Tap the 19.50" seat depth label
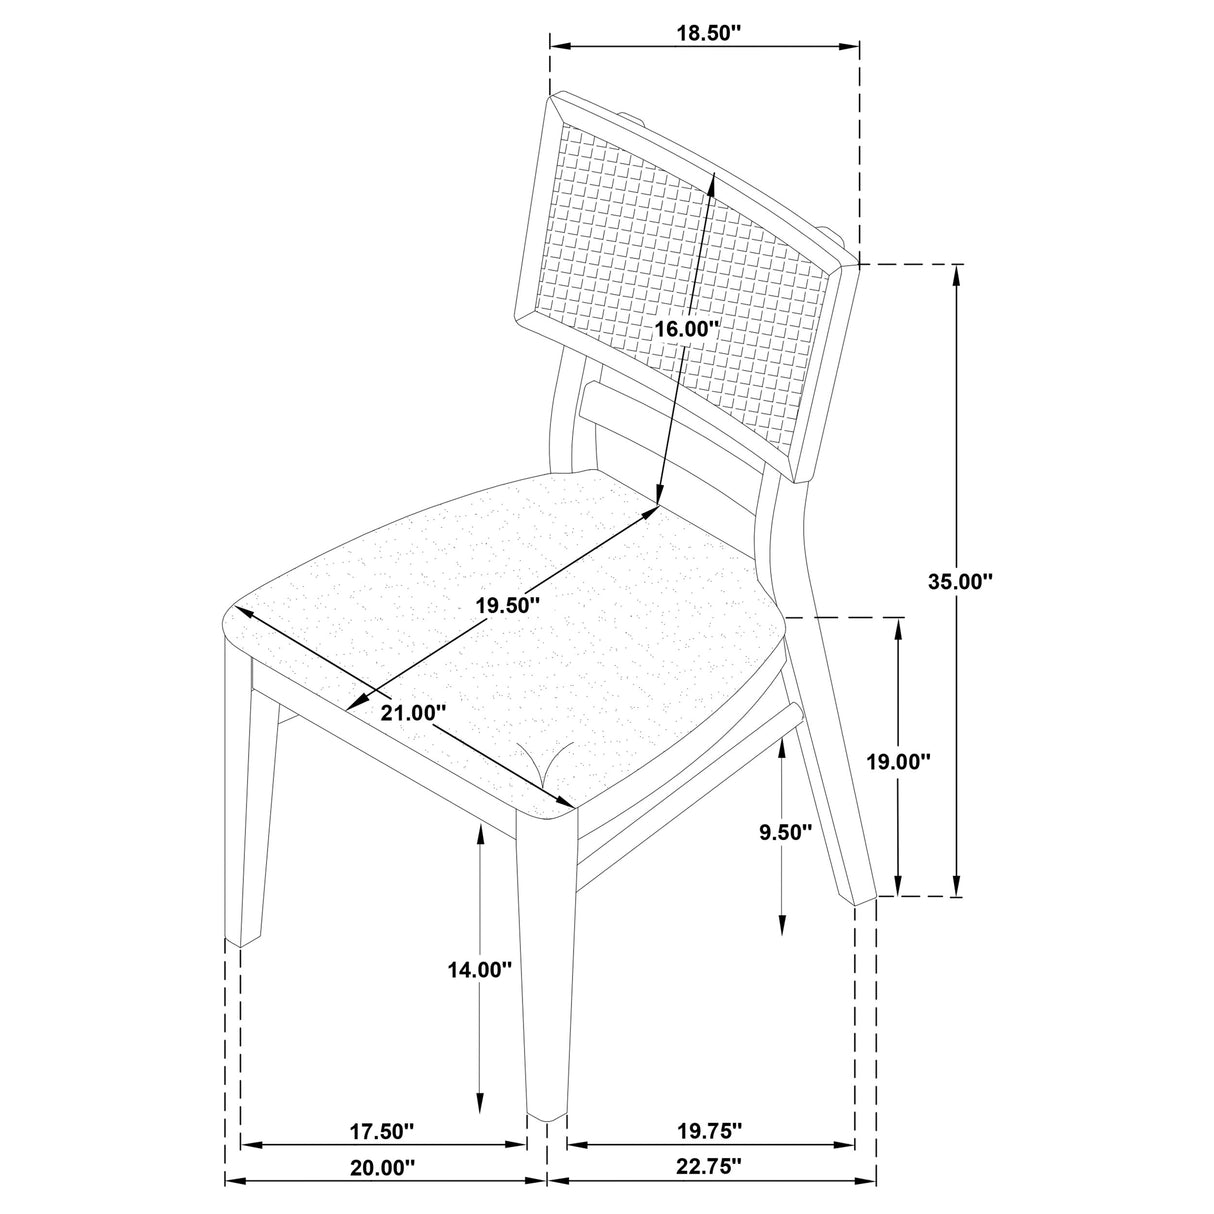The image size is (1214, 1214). click(x=507, y=605)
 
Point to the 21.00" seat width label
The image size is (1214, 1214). click(x=413, y=714)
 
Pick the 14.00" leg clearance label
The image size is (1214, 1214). click(x=481, y=969)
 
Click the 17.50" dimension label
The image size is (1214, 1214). click(x=381, y=1132)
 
